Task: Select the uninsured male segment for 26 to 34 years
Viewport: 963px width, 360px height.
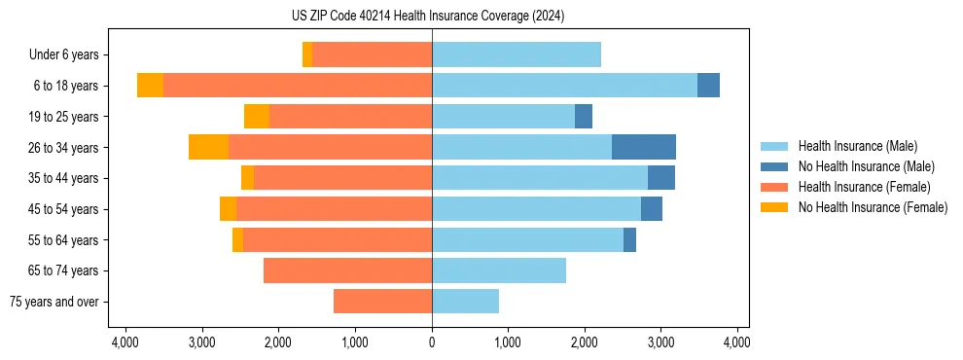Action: coord(644,147)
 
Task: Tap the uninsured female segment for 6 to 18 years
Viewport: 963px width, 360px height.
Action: coord(150,86)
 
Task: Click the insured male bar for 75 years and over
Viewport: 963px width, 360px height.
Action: coord(465,302)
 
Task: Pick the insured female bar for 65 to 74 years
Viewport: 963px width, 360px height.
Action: coord(347,270)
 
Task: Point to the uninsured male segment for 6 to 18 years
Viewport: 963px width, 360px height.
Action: coord(708,86)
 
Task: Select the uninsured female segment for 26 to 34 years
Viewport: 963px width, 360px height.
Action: coord(208,147)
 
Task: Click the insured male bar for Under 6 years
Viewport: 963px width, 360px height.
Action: coord(517,54)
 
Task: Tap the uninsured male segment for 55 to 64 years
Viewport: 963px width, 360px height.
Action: coord(629,239)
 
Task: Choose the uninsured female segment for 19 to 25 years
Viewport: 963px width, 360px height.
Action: coord(257,117)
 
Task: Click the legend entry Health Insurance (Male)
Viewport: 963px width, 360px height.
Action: coord(857,146)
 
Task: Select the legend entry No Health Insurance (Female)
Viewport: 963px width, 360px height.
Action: coord(873,207)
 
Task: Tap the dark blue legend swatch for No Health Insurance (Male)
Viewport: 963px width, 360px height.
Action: coord(775,166)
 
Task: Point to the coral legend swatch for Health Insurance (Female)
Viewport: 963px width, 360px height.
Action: coord(775,187)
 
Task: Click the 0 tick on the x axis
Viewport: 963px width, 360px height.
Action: coord(432,342)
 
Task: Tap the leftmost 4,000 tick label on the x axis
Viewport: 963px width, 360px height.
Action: coord(125,342)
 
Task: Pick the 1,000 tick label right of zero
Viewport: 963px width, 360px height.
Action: coord(508,342)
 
